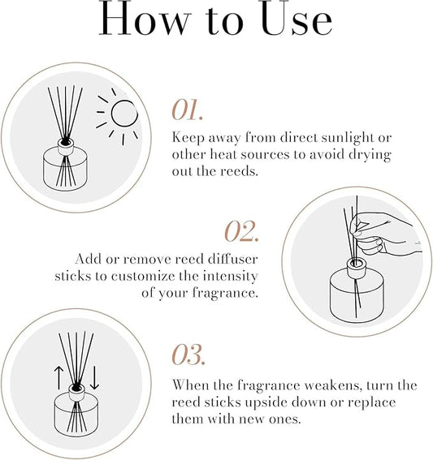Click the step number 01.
[192, 108]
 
